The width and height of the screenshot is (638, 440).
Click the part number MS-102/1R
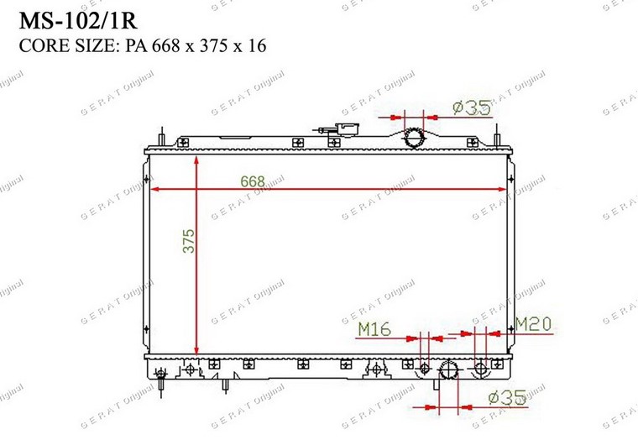pyautogui.click(x=78, y=20)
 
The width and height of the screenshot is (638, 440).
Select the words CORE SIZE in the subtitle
pyautogui.click(x=68, y=45)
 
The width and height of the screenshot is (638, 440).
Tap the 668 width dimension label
pyautogui.click(x=253, y=181)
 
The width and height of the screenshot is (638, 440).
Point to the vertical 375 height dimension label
pyautogui.click(x=188, y=241)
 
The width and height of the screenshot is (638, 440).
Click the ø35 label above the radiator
pyautogui.click(x=471, y=107)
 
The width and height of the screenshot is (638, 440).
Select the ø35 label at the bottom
pyautogui.click(x=507, y=398)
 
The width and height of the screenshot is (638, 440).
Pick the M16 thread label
pyautogui.click(x=374, y=329)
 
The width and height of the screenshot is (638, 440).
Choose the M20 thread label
pyautogui.click(x=533, y=324)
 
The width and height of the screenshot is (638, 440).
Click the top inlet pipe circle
pyautogui.click(x=414, y=138)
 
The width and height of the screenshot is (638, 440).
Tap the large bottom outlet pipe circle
pyautogui.click(x=449, y=369)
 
